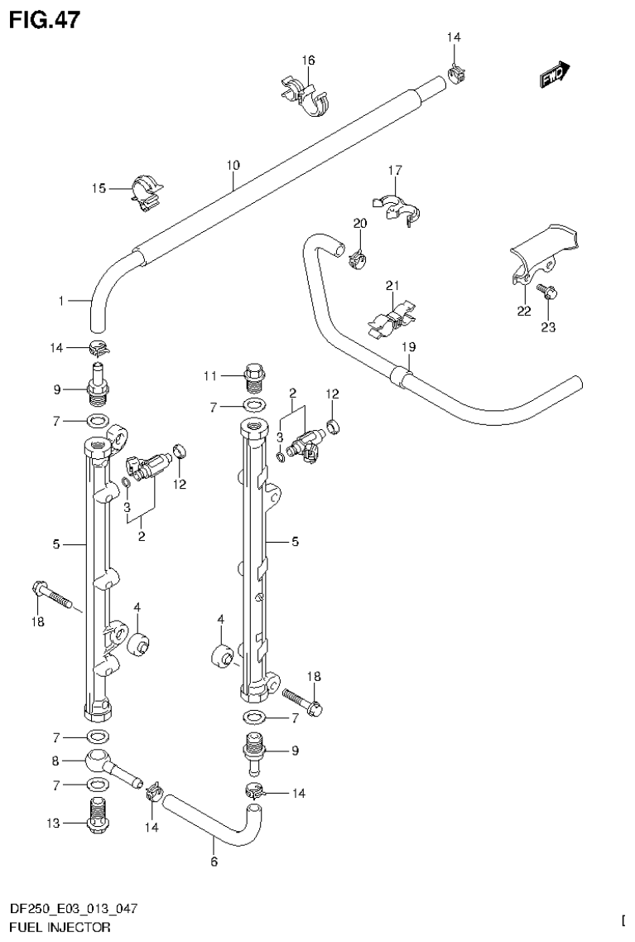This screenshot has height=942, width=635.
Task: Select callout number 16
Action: point(308,60)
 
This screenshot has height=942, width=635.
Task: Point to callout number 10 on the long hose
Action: point(233,166)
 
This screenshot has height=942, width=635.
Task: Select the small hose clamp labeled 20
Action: point(358,259)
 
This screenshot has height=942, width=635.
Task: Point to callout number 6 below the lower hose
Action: point(214,862)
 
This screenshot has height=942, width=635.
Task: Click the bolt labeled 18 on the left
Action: point(50,593)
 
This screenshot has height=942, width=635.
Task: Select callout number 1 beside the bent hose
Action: point(61,302)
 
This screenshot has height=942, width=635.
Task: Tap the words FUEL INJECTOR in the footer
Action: point(59,928)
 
